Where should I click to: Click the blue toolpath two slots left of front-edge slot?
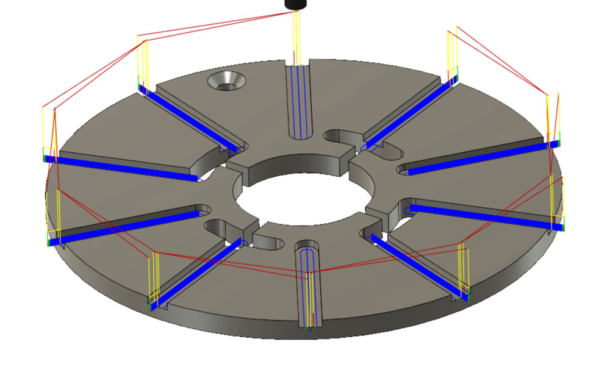tap(122, 225)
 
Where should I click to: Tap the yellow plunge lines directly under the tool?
tap(296, 37)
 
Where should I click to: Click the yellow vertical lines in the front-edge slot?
tap(311, 299)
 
